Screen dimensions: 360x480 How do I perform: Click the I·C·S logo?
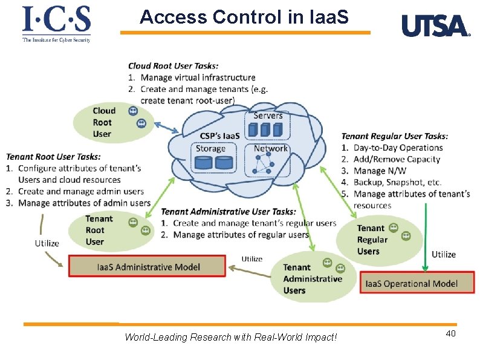click(56, 24)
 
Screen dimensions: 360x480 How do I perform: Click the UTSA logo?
click(435, 26)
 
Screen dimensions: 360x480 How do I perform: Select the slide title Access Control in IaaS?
click(244, 17)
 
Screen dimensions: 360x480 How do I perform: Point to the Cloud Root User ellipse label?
click(103, 122)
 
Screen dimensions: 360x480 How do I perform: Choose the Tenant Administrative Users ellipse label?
click(312, 278)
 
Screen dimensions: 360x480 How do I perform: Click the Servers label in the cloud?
click(268, 115)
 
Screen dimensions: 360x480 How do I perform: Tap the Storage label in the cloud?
click(210, 148)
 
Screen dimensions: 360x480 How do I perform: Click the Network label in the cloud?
click(270, 148)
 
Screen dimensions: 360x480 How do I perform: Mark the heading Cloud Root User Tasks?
click(174, 65)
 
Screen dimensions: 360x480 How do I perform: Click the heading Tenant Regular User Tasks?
click(395, 136)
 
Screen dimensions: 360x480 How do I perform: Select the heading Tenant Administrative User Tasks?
click(229, 212)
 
